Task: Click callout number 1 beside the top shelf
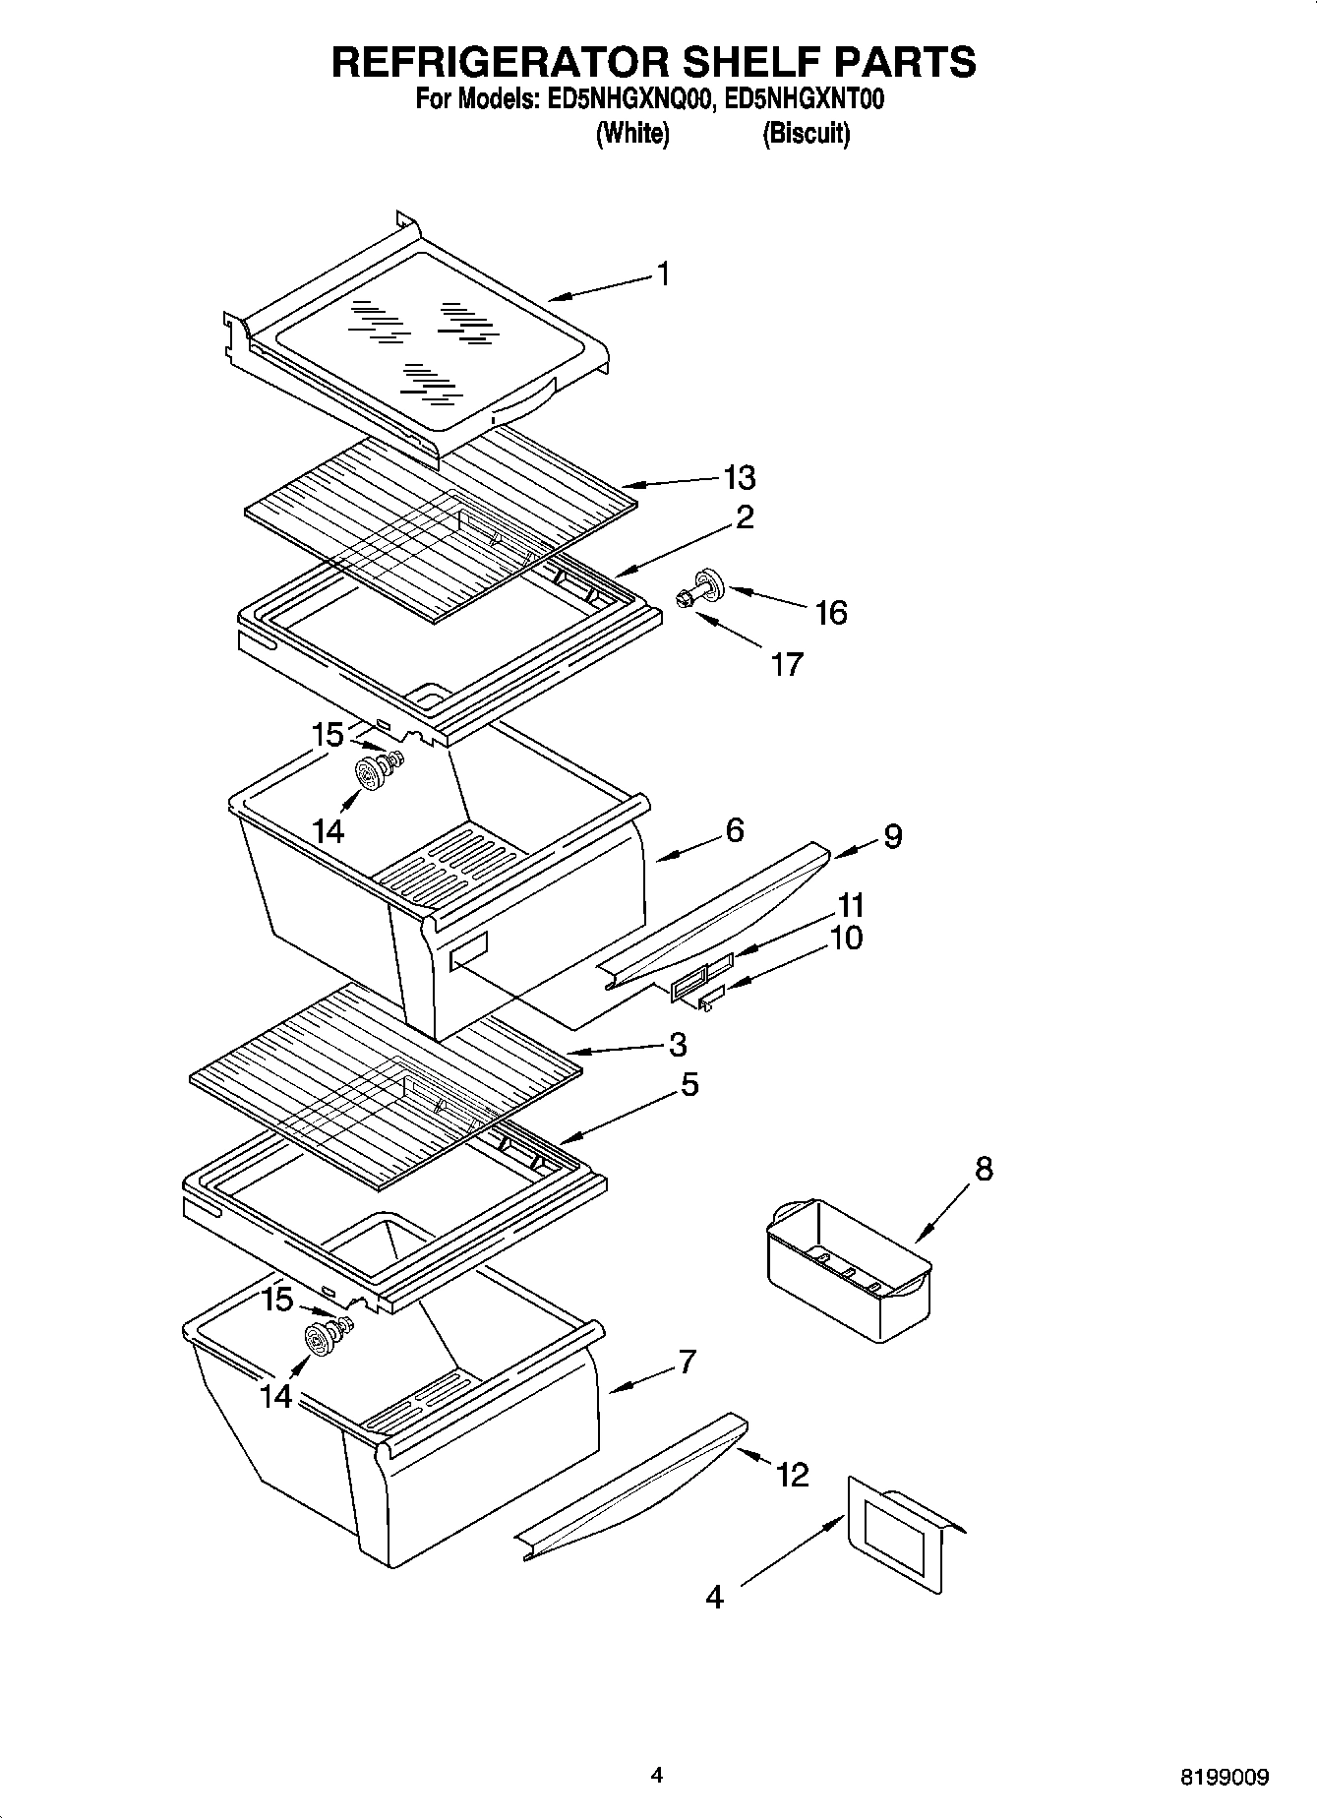click(664, 273)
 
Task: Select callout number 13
click(739, 478)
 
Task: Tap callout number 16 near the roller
click(831, 613)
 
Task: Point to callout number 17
click(787, 665)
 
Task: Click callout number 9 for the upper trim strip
click(892, 836)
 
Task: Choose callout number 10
click(846, 938)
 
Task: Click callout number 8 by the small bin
click(983, 1169)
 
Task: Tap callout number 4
click(714, 1596)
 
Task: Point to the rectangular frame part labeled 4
click(900, 1539)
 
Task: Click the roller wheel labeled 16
click(708, 582)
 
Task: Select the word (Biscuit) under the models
click(806, 133)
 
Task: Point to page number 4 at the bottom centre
click(657, 1775)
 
